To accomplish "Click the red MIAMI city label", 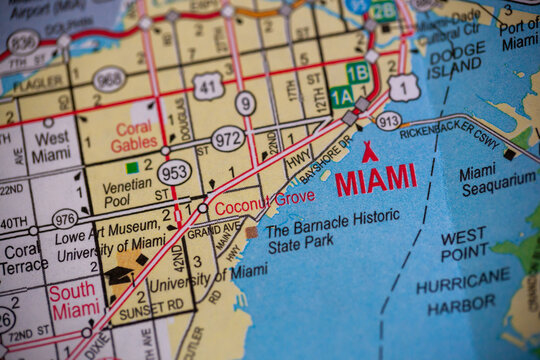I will [376, 180].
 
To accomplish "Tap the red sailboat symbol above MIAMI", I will [369, 152].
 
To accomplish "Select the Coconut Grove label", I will [249, 199].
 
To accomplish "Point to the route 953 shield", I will [174, 173].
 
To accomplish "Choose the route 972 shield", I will [228, 138].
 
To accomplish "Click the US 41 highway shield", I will [207, 87].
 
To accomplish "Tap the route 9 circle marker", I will [245, 102].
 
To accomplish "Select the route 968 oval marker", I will [109, 79].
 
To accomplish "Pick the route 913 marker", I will [388, 120].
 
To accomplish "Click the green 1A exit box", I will [341, 96].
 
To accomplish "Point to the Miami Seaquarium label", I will [497, 179].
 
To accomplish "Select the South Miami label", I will [75, 301].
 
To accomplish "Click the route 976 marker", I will [65, 219].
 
